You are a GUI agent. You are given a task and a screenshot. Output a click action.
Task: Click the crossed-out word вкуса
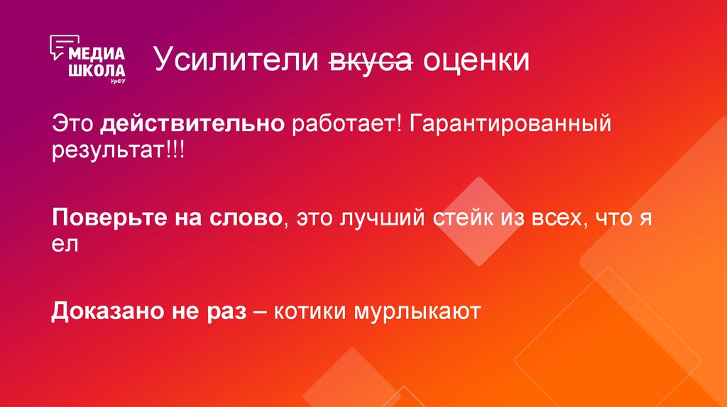click(370, 62)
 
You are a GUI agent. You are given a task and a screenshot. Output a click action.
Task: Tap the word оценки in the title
click(476, 62)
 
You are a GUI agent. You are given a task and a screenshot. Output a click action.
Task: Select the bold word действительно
click(192, 126)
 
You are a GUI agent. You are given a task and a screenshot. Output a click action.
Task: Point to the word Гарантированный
click(510, 126)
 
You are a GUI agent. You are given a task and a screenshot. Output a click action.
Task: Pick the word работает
click(346, 126)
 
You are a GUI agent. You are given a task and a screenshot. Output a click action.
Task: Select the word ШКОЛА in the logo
click(97, 70)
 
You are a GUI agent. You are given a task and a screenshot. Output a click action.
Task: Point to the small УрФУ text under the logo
click(117, 82)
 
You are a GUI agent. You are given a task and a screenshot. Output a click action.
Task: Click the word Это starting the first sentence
click(72, 126)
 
